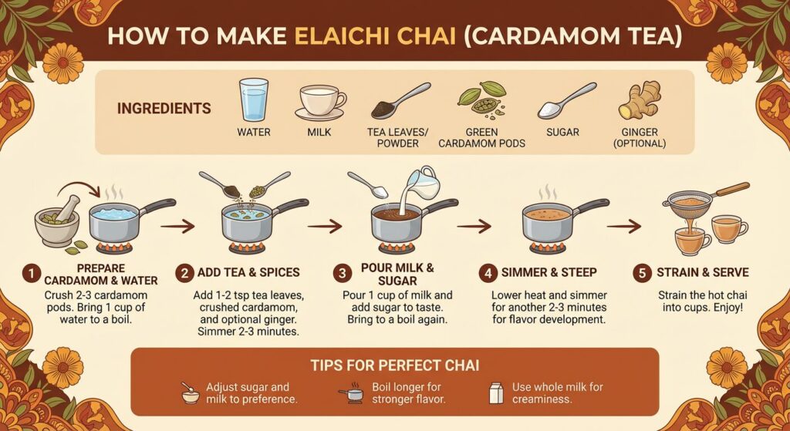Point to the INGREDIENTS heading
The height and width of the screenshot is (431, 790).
point(164,108)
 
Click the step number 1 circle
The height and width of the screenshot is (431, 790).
point(30,273)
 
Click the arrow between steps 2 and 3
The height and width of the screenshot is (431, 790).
point(324,226)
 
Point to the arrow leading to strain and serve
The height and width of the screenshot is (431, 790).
point(623,226)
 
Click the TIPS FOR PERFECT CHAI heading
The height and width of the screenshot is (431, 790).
point(394,364)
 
